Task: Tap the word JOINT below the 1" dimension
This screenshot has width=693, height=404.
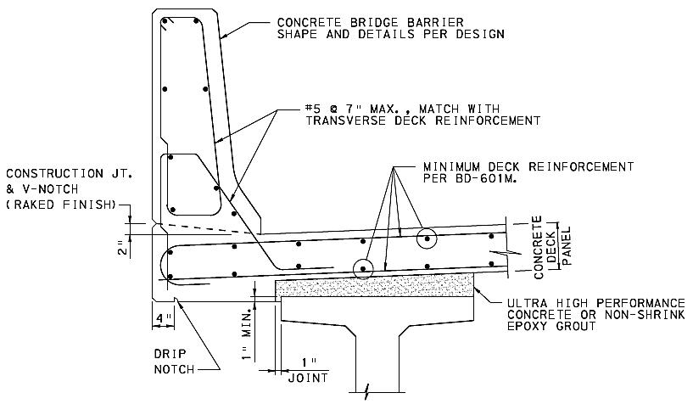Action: click(x=308, y=377)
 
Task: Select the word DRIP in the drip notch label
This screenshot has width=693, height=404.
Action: click(x=168, y=355)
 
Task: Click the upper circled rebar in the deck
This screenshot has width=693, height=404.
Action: click(x=427, y=239)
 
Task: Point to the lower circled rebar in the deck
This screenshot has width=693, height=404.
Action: click(x=364, y=270)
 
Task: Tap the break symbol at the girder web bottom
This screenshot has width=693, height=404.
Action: click(x=366, y=392)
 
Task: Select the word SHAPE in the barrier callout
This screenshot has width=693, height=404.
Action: click(x=294, y=35)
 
